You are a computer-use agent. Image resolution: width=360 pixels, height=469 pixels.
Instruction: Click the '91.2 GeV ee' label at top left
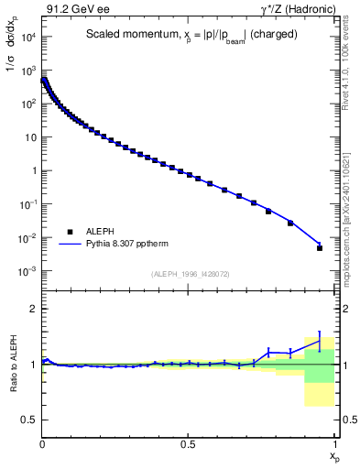coord(74,7)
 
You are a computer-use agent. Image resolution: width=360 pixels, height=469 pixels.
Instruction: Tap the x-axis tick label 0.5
coord(188,445)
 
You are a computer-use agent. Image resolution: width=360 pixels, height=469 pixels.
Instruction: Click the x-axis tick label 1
coord(333,445)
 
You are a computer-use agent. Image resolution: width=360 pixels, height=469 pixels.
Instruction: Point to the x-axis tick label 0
coord(42,445)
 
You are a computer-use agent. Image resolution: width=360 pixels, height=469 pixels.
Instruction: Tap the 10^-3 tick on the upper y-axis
coord(27,271)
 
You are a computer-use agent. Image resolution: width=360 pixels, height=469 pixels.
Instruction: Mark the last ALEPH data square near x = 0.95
coord(320,247)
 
